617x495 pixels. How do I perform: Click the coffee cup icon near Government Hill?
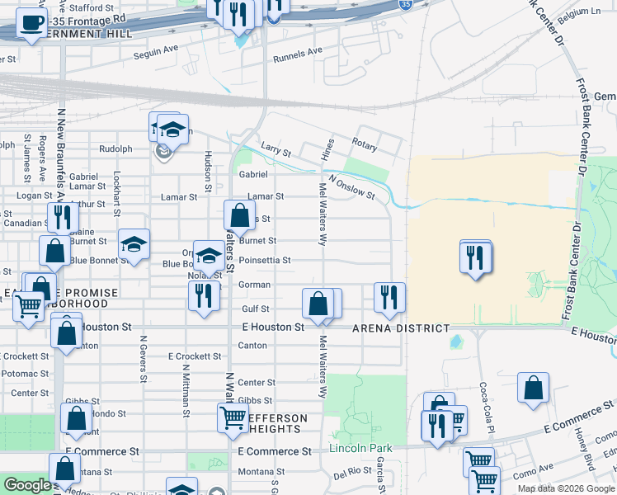[31, 24]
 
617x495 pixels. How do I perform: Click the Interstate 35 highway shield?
[405, 5]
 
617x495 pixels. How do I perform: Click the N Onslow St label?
[351, 187]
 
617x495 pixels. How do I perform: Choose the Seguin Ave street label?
[157, 49]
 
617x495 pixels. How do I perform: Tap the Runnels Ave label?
[299, 52]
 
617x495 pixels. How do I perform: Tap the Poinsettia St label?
[264, 260]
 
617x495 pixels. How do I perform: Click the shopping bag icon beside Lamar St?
[239, 217]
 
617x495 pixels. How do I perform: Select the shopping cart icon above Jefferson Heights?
[233, 417]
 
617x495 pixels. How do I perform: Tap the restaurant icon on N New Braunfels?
[62, 217]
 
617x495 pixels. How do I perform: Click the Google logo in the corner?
[27, 485]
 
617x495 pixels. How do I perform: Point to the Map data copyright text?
[565, 488]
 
